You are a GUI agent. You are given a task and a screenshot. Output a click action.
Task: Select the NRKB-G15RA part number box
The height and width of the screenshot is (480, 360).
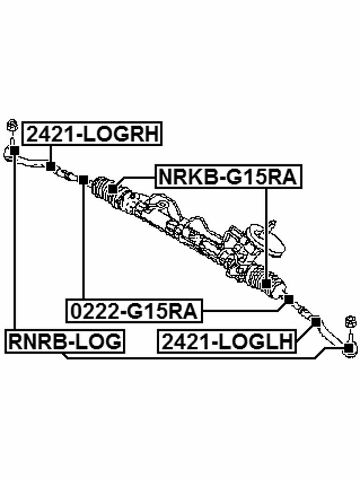click(x=229, y=177)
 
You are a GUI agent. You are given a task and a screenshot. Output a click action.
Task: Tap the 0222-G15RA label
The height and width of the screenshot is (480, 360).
click(x=134, y=311)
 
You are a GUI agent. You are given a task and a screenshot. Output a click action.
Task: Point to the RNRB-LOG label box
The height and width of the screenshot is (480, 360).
click(x=65, y=341)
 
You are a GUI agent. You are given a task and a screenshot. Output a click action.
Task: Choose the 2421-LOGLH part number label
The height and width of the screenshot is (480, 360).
click(x=227, y=341)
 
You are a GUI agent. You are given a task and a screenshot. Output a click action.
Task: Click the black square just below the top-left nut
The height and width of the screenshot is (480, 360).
click(x=15, y=150)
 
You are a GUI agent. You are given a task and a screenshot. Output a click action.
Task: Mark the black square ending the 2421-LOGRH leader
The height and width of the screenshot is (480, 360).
click(x=51, y=166)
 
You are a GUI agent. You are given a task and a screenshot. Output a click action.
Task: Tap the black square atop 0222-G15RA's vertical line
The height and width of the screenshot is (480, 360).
click(x=83, y=180)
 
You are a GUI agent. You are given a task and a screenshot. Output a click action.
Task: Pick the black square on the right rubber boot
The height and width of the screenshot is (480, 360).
click(x=266, y=284)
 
